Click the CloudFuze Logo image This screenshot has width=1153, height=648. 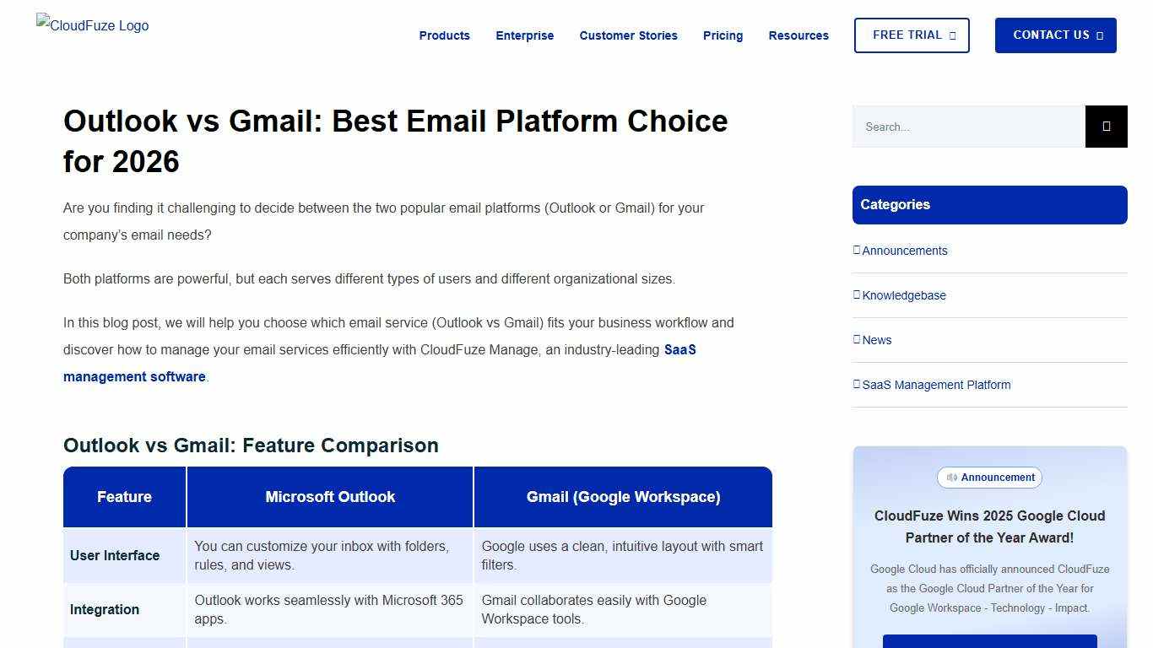pos(93,25)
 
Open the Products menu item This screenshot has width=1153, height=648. pos(444,35)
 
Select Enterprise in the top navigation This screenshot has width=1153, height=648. pos(524,35)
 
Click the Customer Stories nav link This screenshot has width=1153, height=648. pos(628,35)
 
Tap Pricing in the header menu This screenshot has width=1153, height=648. pos(723,35)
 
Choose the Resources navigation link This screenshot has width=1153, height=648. pos(798,35)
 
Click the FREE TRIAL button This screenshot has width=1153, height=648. pos(912,35)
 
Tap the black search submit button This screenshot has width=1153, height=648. pos(1106,127)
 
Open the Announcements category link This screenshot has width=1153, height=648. pos(904,251)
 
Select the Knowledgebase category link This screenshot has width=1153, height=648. pos(903,295)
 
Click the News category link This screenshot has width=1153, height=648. pos(876,340)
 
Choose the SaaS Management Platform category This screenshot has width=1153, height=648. pos(935,385)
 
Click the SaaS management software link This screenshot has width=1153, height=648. pos(134,376)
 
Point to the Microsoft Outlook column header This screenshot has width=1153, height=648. pos(330,497)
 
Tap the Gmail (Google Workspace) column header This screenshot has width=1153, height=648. pos(623,497)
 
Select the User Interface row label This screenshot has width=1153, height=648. pos(115,555)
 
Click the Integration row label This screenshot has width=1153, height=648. pos(105,609)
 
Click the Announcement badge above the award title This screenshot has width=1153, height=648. pos(989,478)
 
